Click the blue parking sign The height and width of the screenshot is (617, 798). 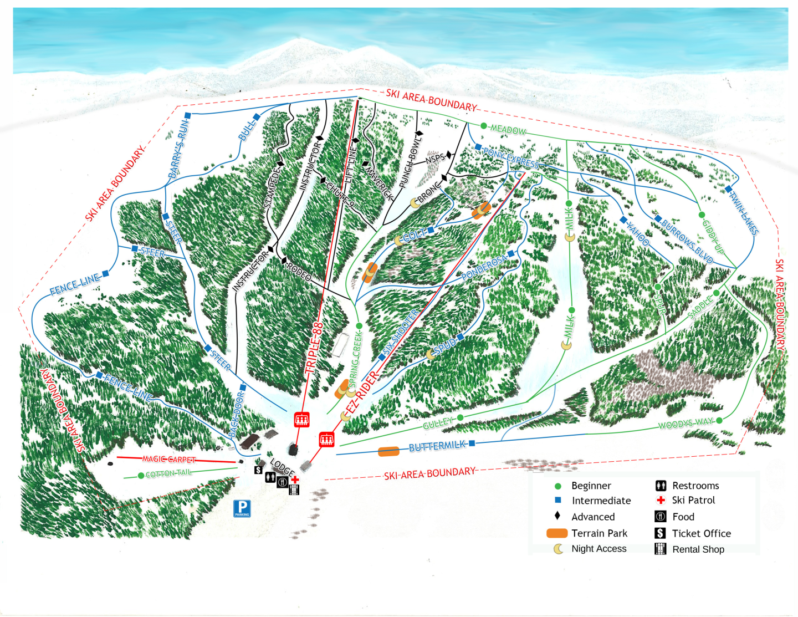242,508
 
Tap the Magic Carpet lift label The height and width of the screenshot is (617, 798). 169,459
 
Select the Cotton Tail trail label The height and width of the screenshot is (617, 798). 168,473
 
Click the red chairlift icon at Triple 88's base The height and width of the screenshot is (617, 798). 301,420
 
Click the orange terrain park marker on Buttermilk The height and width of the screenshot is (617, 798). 388,452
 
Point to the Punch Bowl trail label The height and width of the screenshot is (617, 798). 410,161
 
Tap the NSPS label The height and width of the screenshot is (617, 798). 435,159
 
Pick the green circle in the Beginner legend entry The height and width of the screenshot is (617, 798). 558,486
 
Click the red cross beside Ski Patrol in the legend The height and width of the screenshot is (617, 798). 661,500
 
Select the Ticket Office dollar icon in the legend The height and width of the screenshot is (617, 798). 660,533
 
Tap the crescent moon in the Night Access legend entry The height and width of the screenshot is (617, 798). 559,549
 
